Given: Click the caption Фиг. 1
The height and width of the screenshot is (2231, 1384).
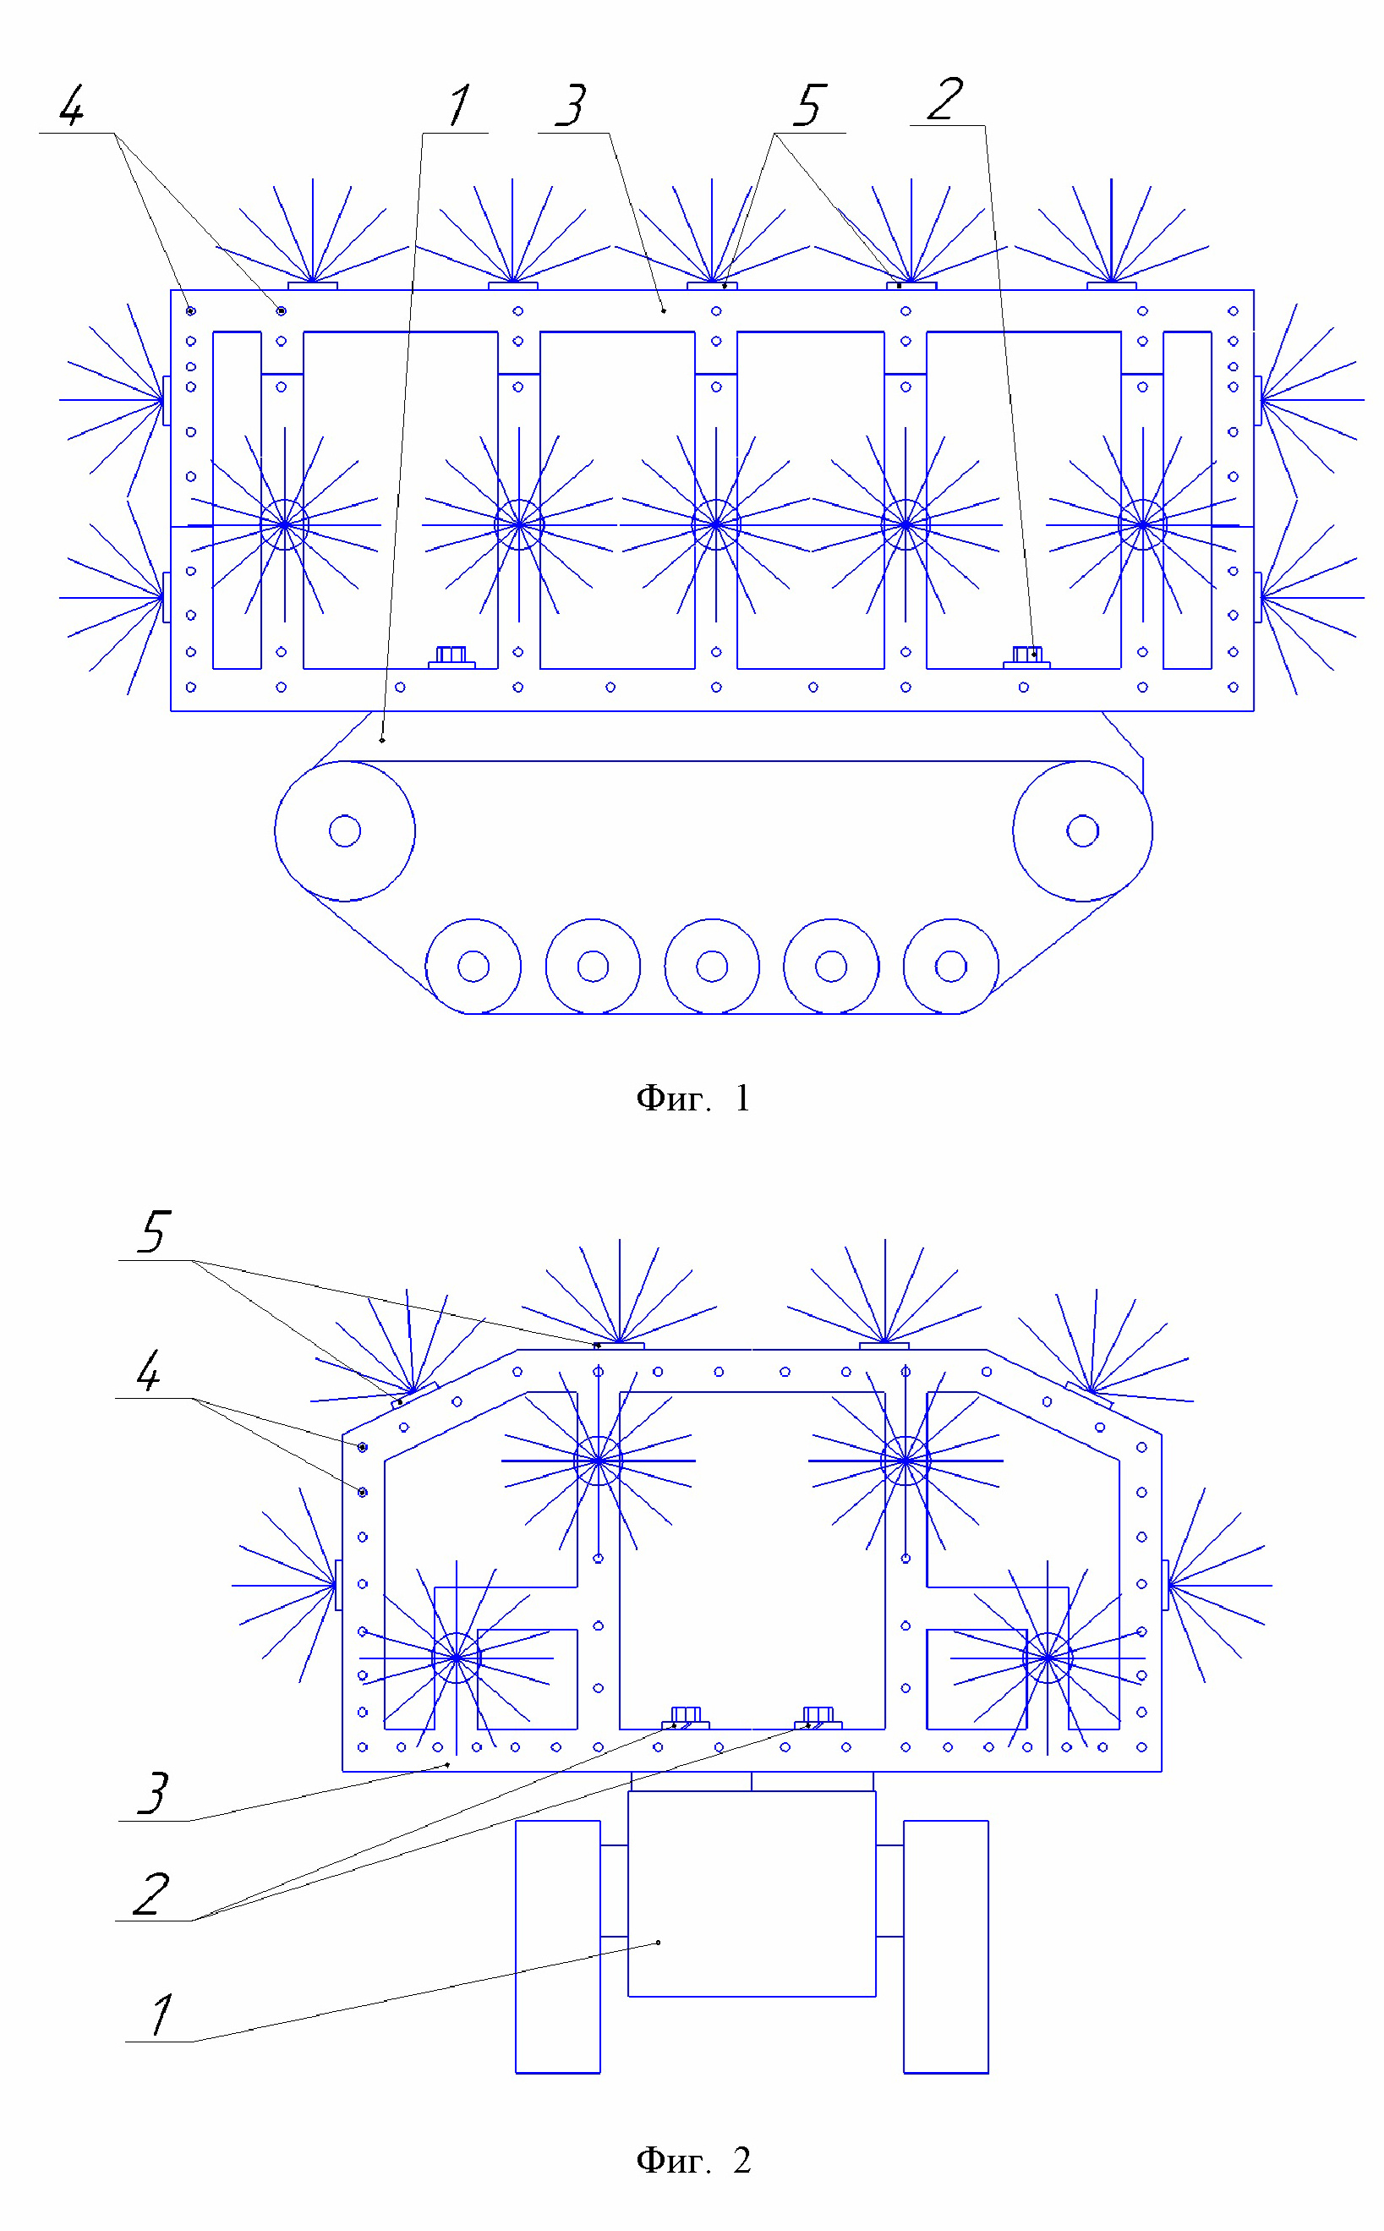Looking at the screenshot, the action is tap(693, 1098).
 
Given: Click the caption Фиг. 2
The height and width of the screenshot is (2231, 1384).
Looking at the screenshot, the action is tap(693, 2160).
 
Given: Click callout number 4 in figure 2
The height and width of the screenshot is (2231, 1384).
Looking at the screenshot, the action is tap(148, 1372).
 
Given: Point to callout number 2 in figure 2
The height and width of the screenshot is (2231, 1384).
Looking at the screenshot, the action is tap(152, 1894).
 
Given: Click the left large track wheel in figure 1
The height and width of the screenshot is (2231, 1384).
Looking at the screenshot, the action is tap(345, 831).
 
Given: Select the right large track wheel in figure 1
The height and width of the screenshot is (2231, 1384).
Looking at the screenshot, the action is tap(1083, 831).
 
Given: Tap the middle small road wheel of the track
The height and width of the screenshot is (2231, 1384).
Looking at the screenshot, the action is tap(712, 966).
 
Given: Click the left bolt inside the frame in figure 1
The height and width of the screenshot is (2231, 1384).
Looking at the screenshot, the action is tap(451, 656).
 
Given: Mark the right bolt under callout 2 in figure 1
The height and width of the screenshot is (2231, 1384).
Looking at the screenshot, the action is tap(1026, 656).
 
